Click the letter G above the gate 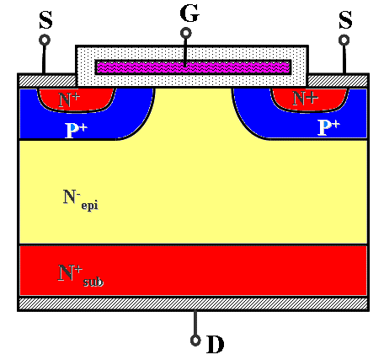[x=189, y=13]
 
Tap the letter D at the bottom [x=216, y=344]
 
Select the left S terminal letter [x=45, y=20]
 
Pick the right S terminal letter [x=345, y=20]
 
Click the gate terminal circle [x=185, y=33]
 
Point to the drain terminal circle [x=195, y=341]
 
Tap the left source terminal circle [x=45, y=40]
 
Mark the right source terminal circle [x=344, y=40]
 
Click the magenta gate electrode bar [x=193, y=67]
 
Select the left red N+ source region [x=77, y=99]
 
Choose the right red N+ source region [x=310, y=99]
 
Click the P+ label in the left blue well [x=76, y=131]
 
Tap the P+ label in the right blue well [x=328, y=127]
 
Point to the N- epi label [x=81, y=200]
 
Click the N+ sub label [x=81, y=276]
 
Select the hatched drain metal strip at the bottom [x=193, y=304]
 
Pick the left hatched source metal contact [x=47, y=81]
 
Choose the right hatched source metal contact [x=338, y=81]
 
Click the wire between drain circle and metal [x=195, y=323]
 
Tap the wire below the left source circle [x=44, y=59]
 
